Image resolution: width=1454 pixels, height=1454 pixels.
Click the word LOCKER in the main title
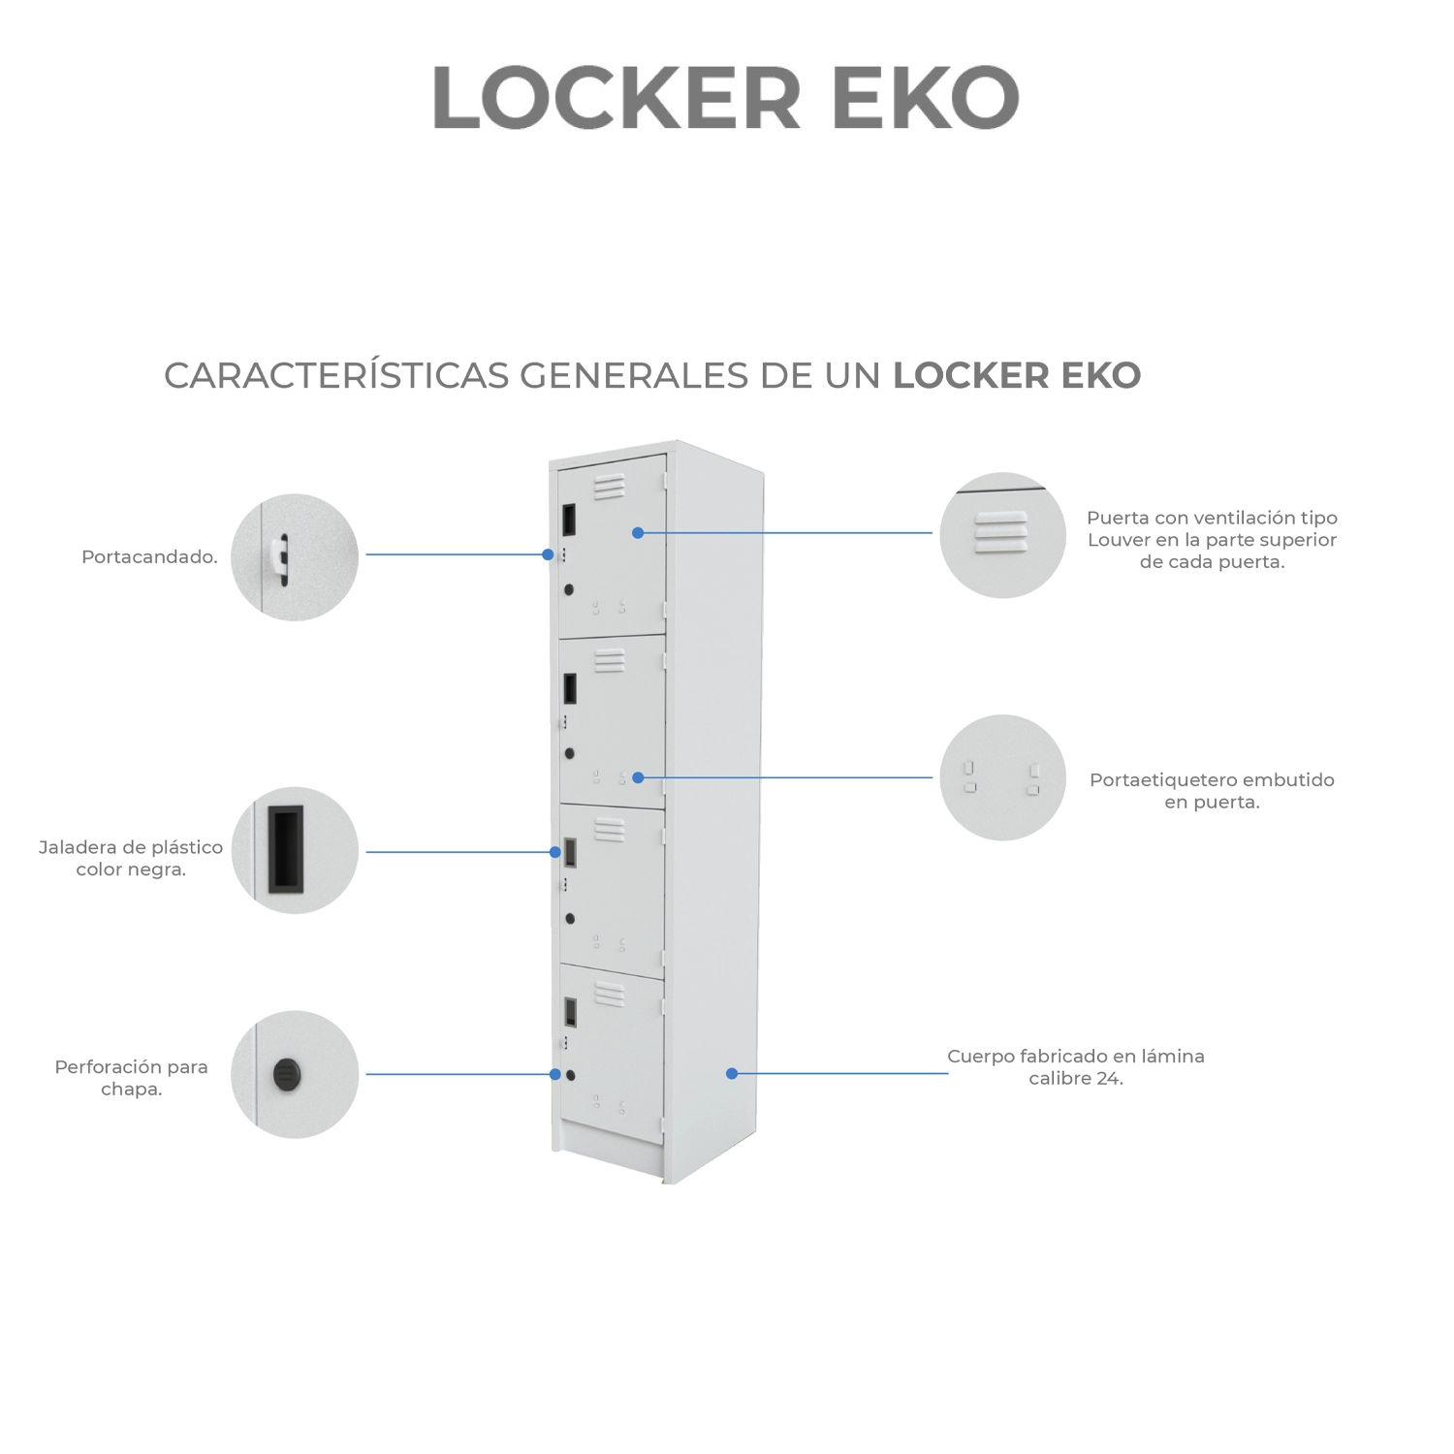click(x=616, y=97)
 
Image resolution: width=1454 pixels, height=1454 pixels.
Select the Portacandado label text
click(x=149, y=557)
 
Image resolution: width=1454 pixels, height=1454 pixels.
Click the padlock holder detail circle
click(x=295, y=557)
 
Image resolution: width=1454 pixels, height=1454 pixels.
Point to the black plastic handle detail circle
click(x=295, y=850)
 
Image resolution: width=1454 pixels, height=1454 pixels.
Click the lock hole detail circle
click(x=295, y=1074)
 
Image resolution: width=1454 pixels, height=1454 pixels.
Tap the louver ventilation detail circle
click(x=1002, y=535)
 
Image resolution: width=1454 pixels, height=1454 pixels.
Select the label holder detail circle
click(x=1002, y=777)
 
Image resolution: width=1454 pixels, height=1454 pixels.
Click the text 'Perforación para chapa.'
click(x=131, y=1078)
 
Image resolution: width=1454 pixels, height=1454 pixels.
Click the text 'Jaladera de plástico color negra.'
click(x=131, y=858)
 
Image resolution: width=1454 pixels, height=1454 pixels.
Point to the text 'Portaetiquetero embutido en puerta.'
click(x=1212, y=791)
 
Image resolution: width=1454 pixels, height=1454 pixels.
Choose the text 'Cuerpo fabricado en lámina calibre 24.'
click(x=1076, y=1067)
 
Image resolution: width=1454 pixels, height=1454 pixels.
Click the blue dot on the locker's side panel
click(x=732, y=1073)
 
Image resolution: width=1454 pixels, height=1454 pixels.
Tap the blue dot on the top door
click(x=638, y=532)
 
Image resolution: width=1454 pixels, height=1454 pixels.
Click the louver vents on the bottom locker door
click(x=609, y=994)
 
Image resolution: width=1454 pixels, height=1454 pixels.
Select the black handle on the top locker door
click(x=569, y=520)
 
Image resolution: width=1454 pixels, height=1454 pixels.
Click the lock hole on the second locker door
click(x=569, y=753)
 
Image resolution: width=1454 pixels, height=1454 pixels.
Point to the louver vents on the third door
click(x=609, y=830)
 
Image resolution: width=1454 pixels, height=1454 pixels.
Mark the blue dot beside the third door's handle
click(x=555, y=852)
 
